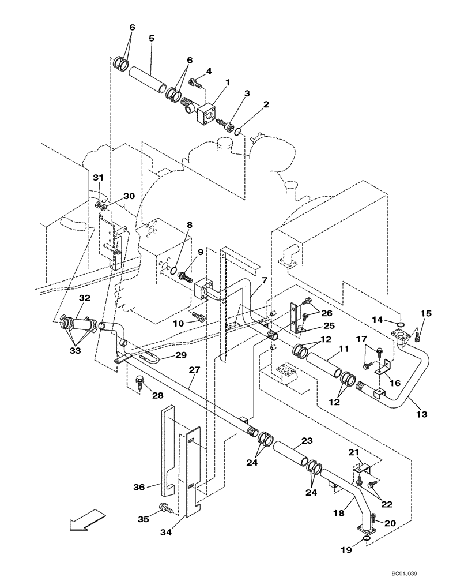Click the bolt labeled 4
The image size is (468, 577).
[196, 84]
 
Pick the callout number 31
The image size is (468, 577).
[98, 177]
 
